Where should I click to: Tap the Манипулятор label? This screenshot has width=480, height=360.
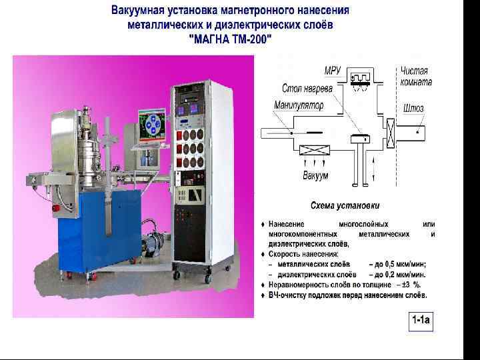tap(298, 105)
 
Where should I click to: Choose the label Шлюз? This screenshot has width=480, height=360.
tap(413, 108)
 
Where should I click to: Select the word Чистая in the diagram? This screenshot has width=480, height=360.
tap(414, 71)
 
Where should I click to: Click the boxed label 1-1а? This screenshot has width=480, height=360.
tap(420, 321)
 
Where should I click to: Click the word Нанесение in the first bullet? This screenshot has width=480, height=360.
tap(287, 223)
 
